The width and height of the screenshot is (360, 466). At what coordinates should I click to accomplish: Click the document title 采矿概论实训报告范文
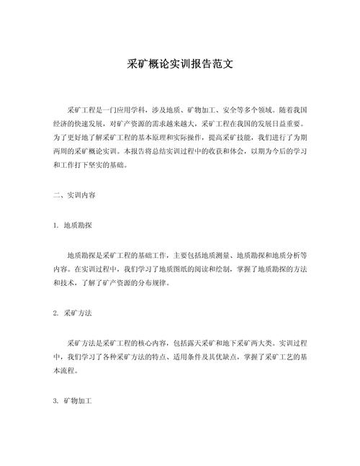(x=180, y=64)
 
